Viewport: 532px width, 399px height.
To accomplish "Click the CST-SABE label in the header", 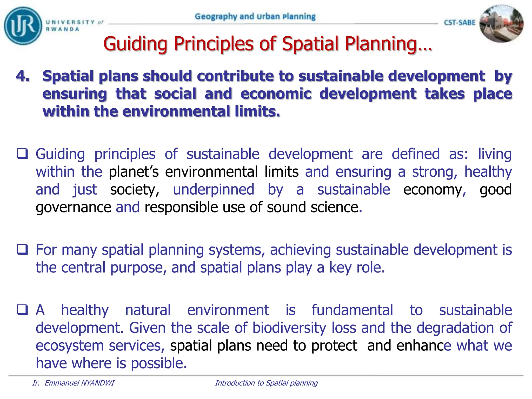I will click(x=459, y=23).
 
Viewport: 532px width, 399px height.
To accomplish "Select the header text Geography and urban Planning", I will click(x=255, y=17).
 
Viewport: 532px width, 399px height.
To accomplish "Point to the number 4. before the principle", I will click(x=23, y=76).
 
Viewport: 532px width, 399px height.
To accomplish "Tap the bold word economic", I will click(x=276, y=94).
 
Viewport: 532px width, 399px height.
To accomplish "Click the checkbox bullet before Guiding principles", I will click(x=22, y=154).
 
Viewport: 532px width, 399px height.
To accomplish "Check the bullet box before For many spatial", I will click(x=22, y=249).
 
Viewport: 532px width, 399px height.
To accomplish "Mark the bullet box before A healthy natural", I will click(x=22, y=310).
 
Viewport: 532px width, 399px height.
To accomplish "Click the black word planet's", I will click(x=134, y=172).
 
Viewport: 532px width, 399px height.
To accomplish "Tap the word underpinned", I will click(x=214, y=190).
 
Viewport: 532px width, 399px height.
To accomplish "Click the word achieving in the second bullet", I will click(x=300, y=250).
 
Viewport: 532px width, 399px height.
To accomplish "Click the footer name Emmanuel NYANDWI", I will click(x=79, y=383).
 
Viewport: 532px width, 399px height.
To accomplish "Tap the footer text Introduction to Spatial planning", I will click(x=266, y=383).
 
